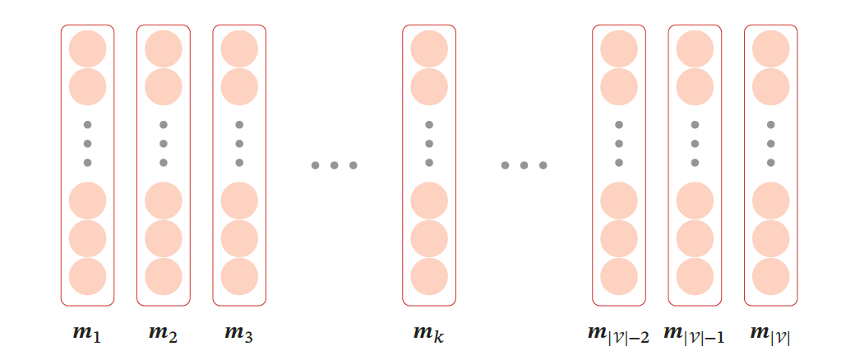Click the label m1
coord(87,334)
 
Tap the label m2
coord(163,334)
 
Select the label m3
coord(238,334)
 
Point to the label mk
coord(428,334)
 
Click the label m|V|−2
coord(618,335)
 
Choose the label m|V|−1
coord(694,335)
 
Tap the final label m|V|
coord(770,335)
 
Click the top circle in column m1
coord(87,49)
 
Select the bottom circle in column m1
coord(87,277)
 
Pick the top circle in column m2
coord(163,49)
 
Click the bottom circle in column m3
coord(238,277)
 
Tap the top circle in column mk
coord(428,49)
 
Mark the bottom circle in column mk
coord(428,277)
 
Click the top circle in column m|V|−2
coord(618,49)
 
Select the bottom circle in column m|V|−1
coord(694,277)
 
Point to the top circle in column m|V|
coord(770,49)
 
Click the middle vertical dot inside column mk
coord(428,144)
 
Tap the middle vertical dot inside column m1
coord(87,144)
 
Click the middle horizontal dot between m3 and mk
coord(334,166)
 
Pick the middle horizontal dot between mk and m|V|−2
coord(524,166)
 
